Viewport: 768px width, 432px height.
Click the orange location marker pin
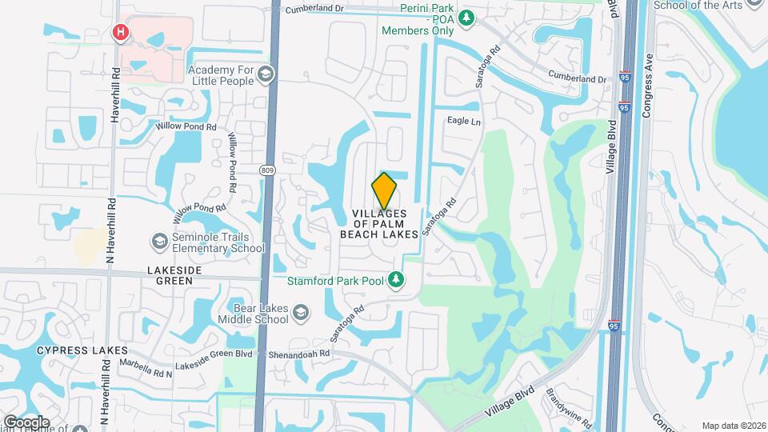[x=384, y=191]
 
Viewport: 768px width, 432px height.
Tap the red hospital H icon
[x=121, y=32]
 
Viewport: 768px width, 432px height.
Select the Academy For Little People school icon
[x=266, y=74]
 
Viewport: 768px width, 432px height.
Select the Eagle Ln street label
[x=464, y=122]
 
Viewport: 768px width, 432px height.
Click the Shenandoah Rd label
[x=297, y=354]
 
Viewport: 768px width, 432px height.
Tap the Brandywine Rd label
[x=568, y=408]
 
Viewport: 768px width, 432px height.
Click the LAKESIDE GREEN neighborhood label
[x=170, y=276]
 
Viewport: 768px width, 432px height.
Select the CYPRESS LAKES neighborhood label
[x=71, y=351]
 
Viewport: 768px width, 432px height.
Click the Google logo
[x=26, y=422]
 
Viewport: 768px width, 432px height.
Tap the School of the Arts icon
[x=754, y=4]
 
